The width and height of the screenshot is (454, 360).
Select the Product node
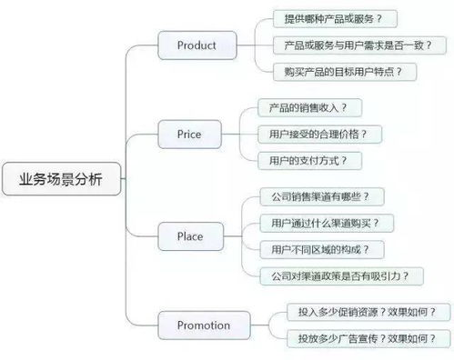(196, 44)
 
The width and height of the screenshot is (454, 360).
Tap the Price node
(189, 135)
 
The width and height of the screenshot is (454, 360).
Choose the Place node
(190, 236)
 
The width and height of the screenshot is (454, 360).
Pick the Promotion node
(204, 325)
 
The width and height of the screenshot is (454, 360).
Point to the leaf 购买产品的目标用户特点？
(343, 70)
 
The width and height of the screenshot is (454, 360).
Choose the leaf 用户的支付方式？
(302, 160)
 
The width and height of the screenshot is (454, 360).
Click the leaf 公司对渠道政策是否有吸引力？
(334, 275)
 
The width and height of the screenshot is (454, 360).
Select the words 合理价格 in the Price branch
(344, 134)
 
